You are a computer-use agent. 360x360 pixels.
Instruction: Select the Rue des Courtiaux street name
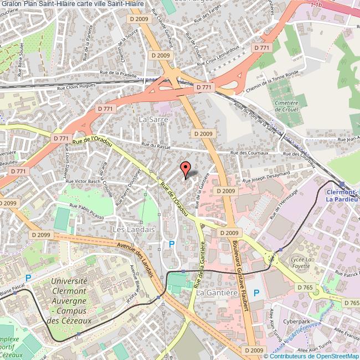249,153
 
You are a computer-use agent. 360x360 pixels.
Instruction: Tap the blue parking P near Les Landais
171,244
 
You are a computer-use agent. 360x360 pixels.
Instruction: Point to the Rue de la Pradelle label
118,73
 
